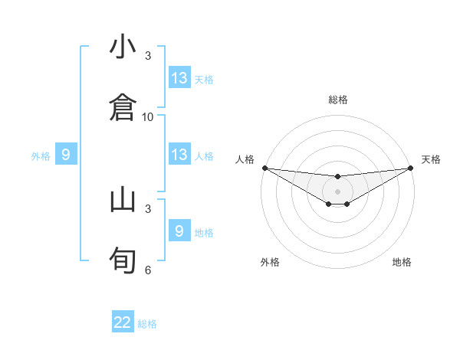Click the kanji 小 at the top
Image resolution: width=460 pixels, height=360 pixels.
pyautogui.click(x=123, y=47)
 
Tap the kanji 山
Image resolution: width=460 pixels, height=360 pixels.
pyautogui.click(x=123, y=200)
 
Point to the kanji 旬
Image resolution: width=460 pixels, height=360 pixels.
pyautogui.click(x=123, y=257)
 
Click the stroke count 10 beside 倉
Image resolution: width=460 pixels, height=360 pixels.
pyautogui.click(x=148, y=116)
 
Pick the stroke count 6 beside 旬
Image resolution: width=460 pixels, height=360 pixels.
pyautogui.click(x=148, y=270)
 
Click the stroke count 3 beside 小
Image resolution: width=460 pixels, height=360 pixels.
pyautogui.click(x=148, y=55)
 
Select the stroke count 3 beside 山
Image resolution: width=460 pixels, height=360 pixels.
pyautogui.click(x=148, y=208)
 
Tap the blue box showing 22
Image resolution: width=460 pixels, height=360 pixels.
pyautogui.click(x=123, y=322)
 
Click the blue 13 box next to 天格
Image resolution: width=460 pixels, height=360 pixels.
pyautogui.click(x=179, y=78)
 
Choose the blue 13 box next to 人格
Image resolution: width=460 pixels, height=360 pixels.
pyautogui.click(x=179, y=155)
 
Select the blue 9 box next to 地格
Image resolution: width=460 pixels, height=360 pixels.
pyautogui.click(x=179, y=231)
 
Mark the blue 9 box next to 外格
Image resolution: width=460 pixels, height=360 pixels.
pyautogui.click(x=66, y=155)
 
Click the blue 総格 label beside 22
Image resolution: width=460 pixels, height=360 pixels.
pyautogui.click(x=147, y=323)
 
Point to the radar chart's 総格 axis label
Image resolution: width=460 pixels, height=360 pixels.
pyautogui.click(x=338, y=100)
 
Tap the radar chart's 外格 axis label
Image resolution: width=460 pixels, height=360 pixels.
pyautogui.click(x=270, y=262)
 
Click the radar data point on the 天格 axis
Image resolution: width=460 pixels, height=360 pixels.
pyautogui.click(x=411, y=168)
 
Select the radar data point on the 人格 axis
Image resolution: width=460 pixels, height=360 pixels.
pyautogui.click(x=264, y=168)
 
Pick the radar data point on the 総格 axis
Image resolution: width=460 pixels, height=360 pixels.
pyautogui.click(x=338, y=177)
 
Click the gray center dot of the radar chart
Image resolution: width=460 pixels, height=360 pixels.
pyautogui.click(x=338, y=191)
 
